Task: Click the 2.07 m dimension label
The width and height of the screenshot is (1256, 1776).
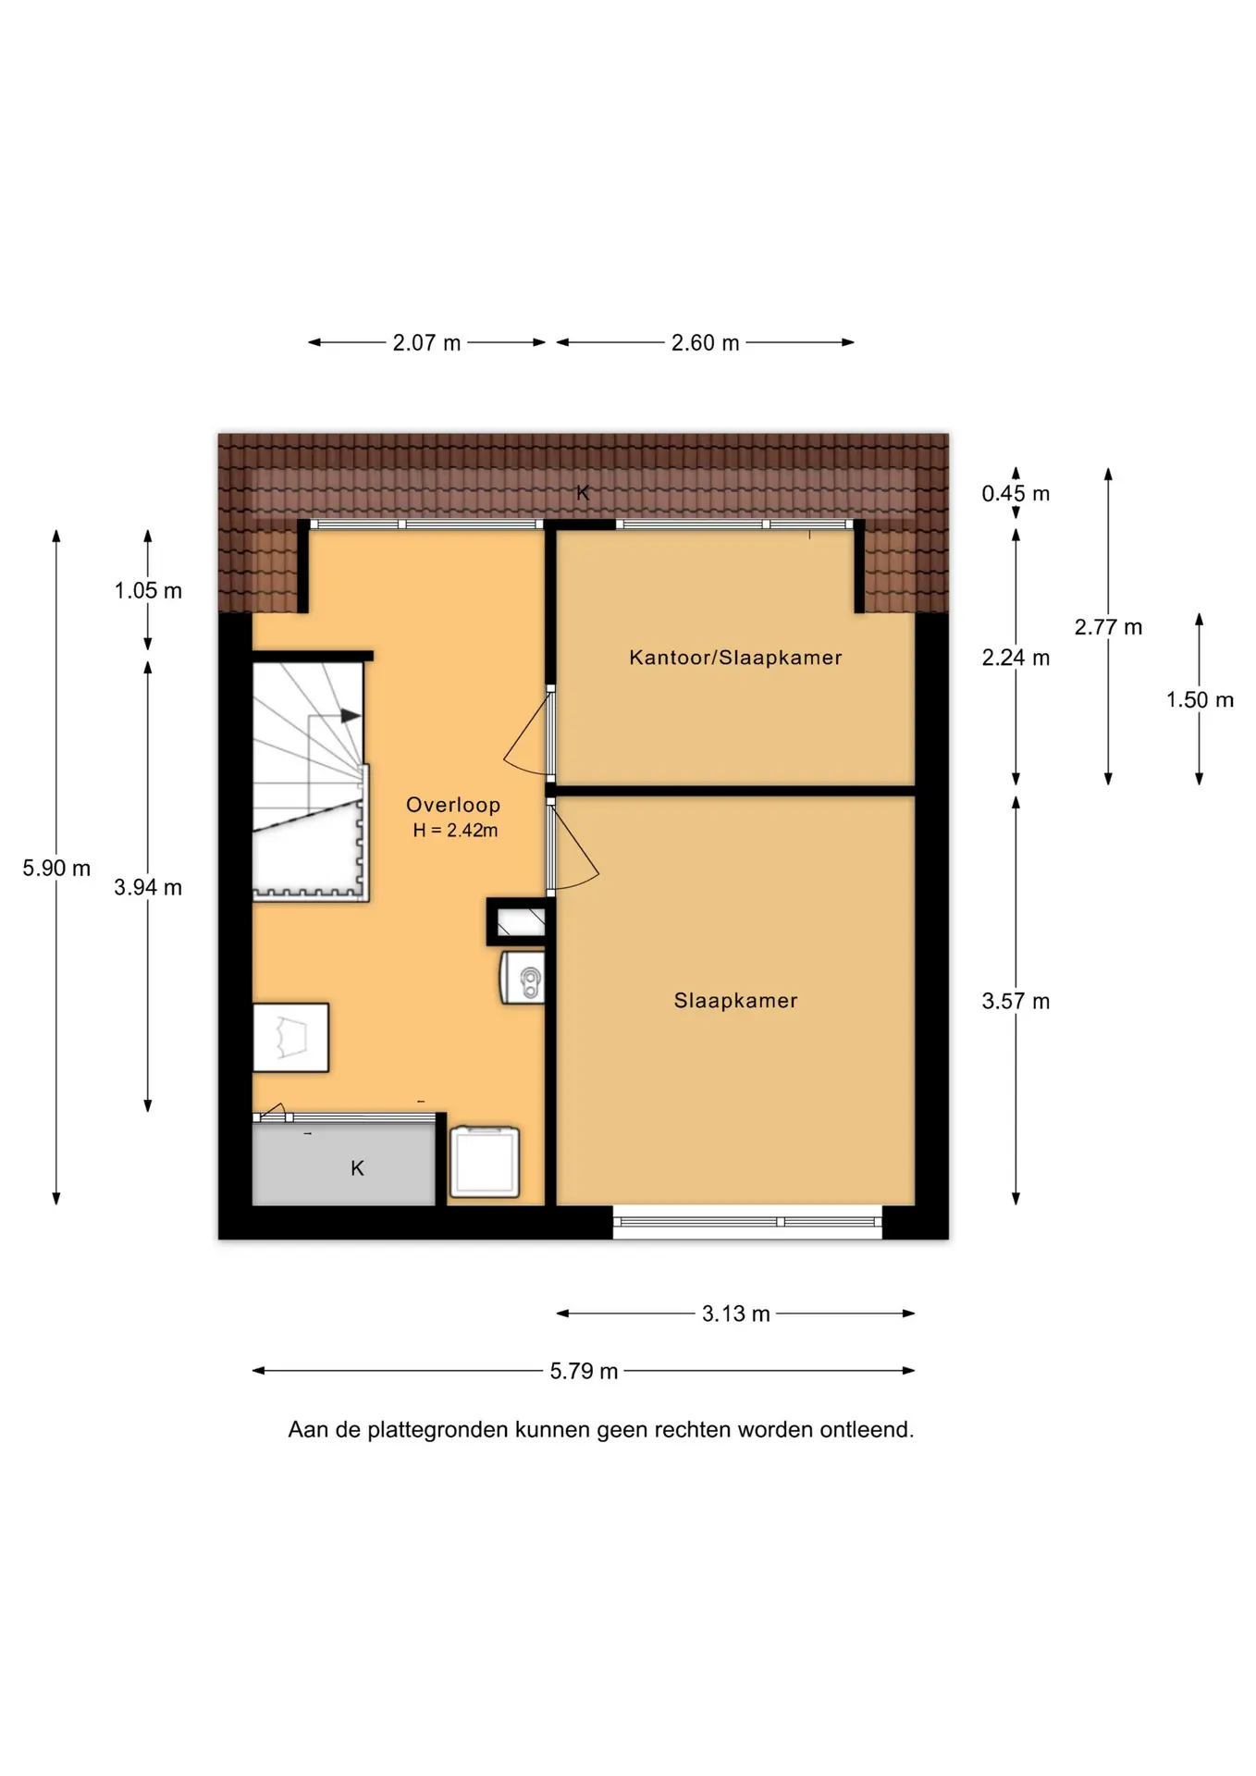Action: pos(426,343)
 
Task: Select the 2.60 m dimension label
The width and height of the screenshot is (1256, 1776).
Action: pos(705,343)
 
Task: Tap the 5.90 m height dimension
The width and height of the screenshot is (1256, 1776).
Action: pos(56,869)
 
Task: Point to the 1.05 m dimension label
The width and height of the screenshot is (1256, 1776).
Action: pos(148,591)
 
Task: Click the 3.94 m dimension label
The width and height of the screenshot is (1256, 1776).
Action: pos(148,888)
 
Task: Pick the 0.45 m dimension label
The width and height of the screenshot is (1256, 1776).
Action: pos(1016,494)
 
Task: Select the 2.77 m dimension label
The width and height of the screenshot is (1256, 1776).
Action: pos(1108,627)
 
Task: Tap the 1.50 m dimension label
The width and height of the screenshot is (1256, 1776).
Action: pos(1200,700)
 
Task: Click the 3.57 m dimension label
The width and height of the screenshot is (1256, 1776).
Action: pos(1016,1001)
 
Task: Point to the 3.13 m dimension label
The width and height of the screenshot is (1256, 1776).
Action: pos(735,1314)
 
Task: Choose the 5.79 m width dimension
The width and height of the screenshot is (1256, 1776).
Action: pos(584,1371)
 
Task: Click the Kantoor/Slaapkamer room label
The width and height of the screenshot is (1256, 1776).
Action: pos(735,658)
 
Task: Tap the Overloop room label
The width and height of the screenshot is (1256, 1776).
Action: pos(453,806)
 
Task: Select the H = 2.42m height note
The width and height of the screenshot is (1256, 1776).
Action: pos(455,831)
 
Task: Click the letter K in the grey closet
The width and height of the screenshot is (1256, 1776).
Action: pos(357,1169)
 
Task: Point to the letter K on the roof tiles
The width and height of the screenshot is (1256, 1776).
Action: pos(583,493)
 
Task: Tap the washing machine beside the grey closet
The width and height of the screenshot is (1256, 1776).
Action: pos(485,1162)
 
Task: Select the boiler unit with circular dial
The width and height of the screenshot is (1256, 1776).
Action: pos(523,978)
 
